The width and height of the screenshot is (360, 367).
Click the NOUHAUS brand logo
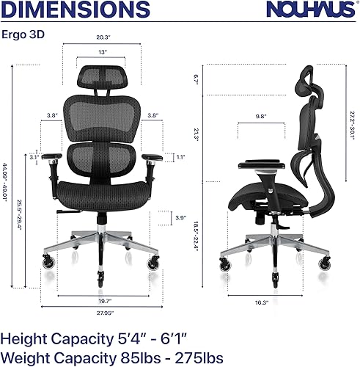click(314, 11)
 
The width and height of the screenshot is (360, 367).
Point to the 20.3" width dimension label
click(103, 38)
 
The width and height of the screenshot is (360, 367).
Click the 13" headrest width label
click(103, 52)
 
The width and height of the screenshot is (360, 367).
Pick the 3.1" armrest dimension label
click(33, 156)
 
